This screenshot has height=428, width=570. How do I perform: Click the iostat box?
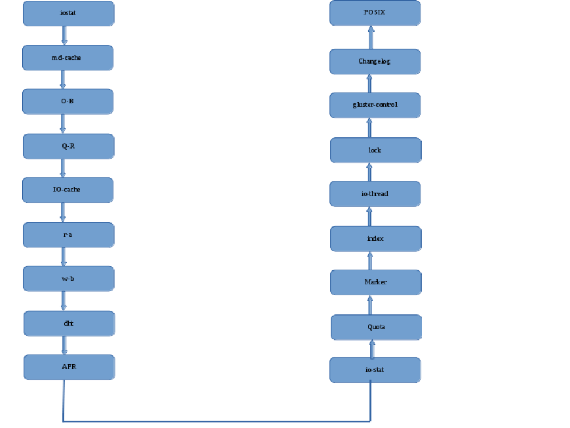coord(68,13)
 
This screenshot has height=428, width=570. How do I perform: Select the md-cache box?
coord(68,58)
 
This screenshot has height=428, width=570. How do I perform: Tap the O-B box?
coord(68,101)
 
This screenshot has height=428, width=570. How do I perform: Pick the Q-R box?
coord(68,146)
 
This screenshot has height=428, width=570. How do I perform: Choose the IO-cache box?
coord(68,190)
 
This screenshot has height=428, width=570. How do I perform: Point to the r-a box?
coord(68,235)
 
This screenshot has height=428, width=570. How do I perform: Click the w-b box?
coord(68,278)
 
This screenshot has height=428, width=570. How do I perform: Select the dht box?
coord(68,323)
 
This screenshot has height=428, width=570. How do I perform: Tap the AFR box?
coord(69,367)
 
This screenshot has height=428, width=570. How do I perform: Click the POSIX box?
coord(375,12)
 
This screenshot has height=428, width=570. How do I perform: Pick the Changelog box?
coord(375,61)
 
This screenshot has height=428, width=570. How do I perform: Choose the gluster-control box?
coord(375,105)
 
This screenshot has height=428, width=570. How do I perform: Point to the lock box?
coord(375,150)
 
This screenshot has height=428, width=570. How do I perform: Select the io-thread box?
coord(375,194)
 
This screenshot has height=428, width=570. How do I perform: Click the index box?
coord(375,238)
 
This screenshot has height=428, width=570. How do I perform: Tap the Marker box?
coord(375,282)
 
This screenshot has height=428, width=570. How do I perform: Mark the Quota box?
coord(376,327)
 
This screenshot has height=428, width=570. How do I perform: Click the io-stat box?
coord(375,370)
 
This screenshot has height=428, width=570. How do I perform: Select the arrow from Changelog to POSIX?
coord(371,37)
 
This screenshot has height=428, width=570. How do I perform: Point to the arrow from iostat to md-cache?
coord(64,36)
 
